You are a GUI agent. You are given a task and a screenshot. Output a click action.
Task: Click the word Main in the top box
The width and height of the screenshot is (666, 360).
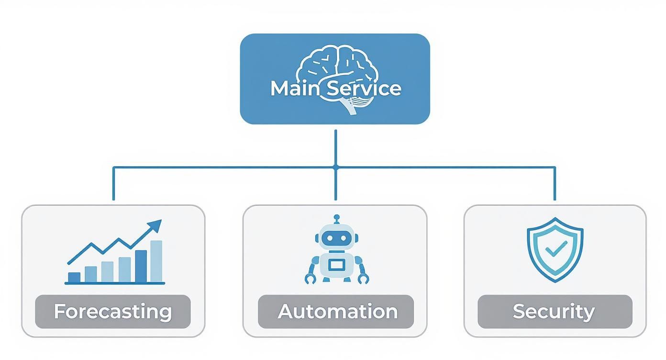pyautogui.click(x=293, y=89)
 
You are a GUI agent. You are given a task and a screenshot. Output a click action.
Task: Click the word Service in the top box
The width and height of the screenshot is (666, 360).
pyautogui.click(x=364, y=89)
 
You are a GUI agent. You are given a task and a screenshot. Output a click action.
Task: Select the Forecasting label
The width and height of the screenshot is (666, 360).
pyautogui.click(x=113, y=312)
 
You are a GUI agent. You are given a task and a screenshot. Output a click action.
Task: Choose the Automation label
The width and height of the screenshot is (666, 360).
pyautogui.click(x=337, y=312)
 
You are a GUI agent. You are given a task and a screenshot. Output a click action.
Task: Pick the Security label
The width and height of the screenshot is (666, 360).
pyautogui.click(x=554, y=312)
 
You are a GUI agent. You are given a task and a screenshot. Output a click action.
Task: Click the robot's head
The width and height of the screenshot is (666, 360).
pyautogui.click(x=337, y=237)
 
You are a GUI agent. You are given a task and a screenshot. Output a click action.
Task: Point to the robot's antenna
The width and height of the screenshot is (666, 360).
pyautogui.click(x=337, y=218)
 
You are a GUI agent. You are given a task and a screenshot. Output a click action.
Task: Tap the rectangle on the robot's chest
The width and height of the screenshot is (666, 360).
pyautogui.click(x=337, y=264)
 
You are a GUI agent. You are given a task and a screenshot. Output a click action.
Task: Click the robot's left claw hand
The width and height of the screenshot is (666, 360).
pyautogui.click(x=310, y=278)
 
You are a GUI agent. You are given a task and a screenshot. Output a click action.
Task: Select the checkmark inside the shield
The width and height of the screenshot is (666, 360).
pyautogui.click(x=556, y=248)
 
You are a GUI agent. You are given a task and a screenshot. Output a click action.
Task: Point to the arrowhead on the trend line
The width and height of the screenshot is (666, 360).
pyautogui.click(x=155, y=225)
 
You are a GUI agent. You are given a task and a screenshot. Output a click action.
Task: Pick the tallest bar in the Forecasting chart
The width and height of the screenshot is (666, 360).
pyautogui.click(x=156, y=261)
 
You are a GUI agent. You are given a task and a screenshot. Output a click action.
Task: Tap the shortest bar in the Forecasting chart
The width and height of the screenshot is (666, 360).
pyautogui.click(x=74, y=278)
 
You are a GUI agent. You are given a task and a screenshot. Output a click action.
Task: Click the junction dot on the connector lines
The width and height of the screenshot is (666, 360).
pyautogui.click(x=335, y=167)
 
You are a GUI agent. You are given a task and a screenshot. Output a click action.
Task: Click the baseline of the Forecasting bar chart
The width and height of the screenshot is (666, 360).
pyautogui.click(x=115, y=283)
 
